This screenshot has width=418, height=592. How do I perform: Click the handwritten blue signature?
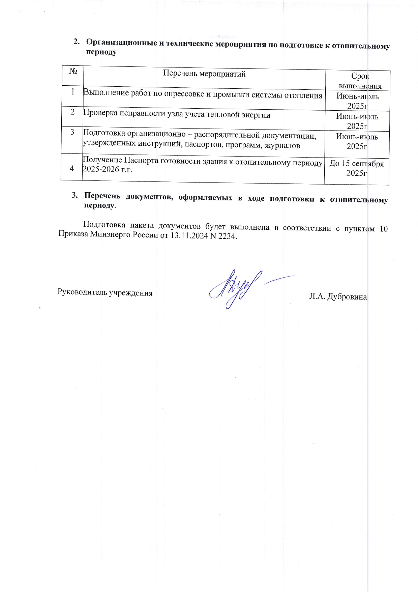coord(236,288)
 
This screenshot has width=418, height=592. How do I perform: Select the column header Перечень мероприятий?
coord(204,74)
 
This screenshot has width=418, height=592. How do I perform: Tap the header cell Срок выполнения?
coord(360,81)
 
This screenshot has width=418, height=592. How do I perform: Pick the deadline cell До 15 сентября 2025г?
coord(357,168)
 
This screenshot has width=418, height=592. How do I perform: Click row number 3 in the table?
coord(72,132)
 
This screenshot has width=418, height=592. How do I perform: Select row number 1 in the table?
coord(73,91)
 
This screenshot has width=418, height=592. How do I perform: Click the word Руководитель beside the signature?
coord(81,292)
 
